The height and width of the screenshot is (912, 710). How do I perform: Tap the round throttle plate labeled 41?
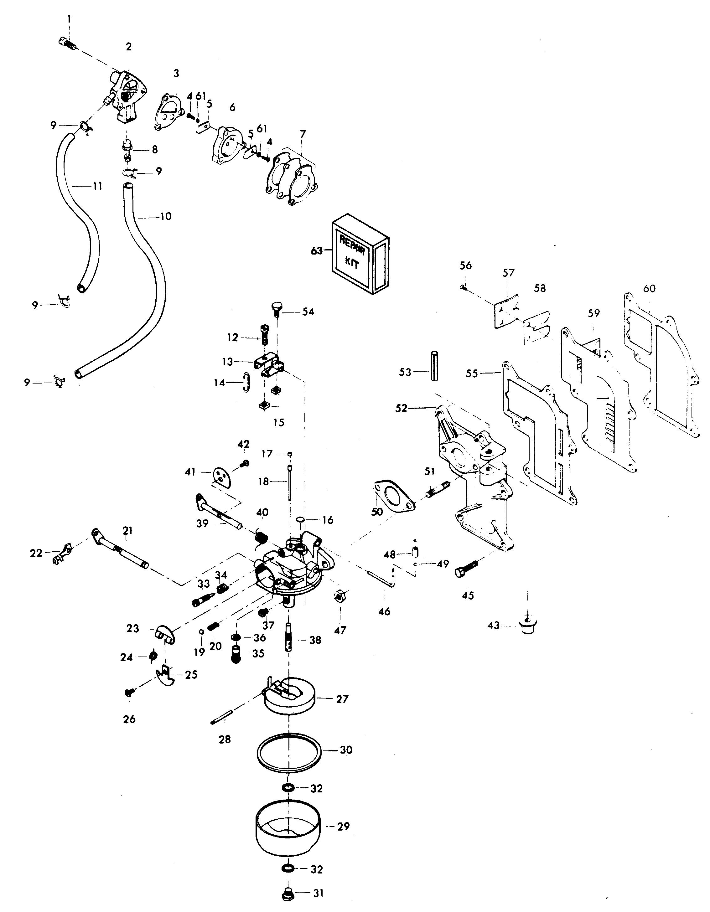coord(222,477)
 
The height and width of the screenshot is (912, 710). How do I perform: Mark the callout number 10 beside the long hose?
coord(166,216)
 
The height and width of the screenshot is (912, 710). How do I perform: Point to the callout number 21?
coord(127,530)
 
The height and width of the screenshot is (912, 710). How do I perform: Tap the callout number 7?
coord(303,134)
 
